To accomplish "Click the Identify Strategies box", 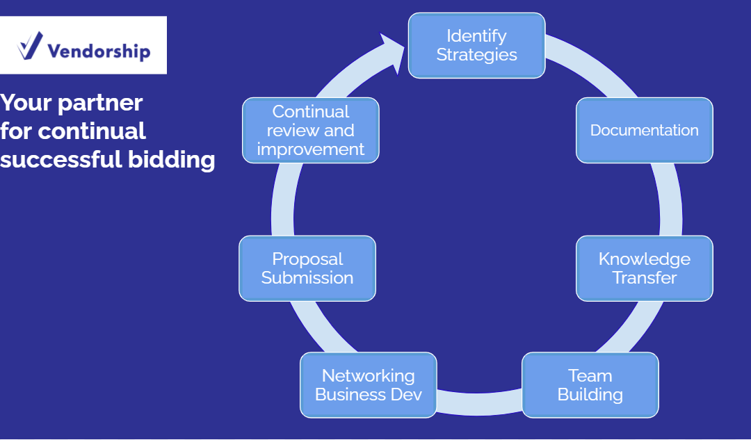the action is pos(476,45).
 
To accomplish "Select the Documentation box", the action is pos(644,130).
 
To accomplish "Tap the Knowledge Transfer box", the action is pos(644,268).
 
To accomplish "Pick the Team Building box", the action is pos(590,385).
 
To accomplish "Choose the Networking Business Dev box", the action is pos(369,385).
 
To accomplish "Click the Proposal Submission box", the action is pos(307,268).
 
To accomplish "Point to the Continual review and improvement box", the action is pos(311,130).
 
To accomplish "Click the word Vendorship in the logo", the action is pos(99,51).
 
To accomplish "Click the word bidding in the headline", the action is pos(172,159).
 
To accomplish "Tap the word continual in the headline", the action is pos(92,131).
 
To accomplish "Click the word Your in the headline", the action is pos(26,102).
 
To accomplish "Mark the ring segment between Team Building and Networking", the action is pos(479,404).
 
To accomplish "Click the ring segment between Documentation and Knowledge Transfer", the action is pos(670,199).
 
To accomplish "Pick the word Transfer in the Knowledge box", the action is pos(644,277).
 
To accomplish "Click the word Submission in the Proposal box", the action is pos(307,277).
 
